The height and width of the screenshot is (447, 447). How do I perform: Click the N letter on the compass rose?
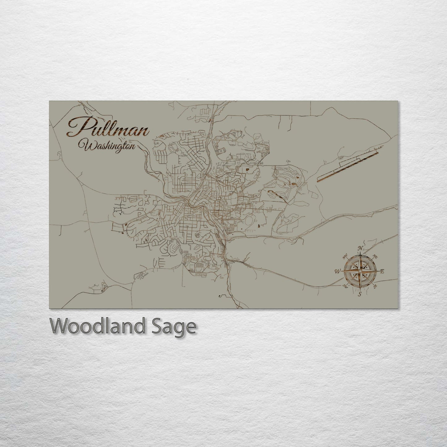[360, 248]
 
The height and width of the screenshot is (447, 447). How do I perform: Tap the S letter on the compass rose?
[359, 294]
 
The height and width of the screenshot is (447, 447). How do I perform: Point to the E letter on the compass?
[382, 271]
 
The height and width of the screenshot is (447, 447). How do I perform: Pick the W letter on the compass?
[337, 272]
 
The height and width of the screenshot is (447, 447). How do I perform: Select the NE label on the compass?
[375, 256]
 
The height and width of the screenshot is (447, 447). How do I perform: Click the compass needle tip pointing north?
[360, 253]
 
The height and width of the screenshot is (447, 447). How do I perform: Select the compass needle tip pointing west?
[342, 271]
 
